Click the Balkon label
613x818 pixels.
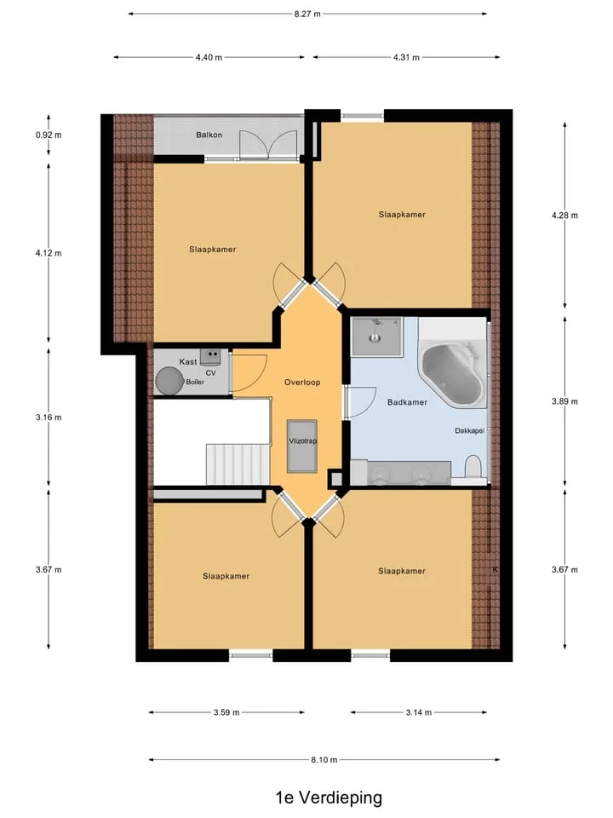coord(209,135)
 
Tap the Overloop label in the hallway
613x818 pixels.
coord(302,383)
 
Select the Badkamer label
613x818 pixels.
coord(407,402)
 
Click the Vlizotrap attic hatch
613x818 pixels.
coord(302,446)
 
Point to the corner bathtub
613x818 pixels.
coord(451,372)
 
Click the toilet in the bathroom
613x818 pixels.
coord(473,467)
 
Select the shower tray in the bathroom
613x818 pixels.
coord(376,337)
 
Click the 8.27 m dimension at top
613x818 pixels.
coord(307,14)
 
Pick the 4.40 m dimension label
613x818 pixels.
coord(209,57)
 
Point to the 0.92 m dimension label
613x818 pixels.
coord(49,135)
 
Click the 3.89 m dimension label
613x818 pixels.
coord(564,401)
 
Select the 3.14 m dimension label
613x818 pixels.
coord(419,712)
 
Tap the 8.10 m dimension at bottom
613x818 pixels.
coord(324,760)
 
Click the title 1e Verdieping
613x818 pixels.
coord(329,798)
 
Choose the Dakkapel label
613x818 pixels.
coord(470,431)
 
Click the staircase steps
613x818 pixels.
coord(238,464)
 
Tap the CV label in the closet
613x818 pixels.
coord(210,373)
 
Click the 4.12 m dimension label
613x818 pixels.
coord(49,254)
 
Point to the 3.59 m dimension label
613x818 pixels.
coord(226,712)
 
